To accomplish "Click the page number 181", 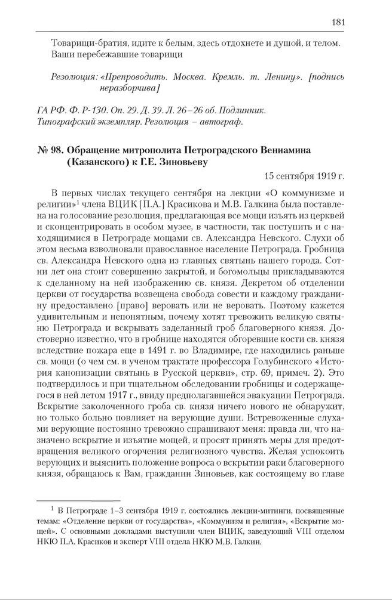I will click(x=338, y=23).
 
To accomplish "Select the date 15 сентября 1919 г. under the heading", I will click(x=304, y=176).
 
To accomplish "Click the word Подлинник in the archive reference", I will click(x=238, y=111).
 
